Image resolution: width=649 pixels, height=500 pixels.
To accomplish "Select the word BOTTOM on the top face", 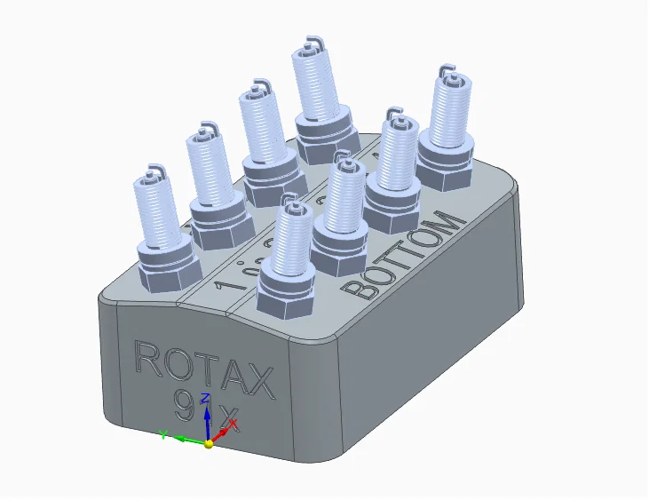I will tap(405, 257).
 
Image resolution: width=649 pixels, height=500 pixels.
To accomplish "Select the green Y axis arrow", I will tap(183, 438).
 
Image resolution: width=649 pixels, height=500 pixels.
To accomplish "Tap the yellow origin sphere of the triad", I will tap(209, 443).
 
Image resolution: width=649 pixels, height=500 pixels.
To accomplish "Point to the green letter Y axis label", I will tap(163, 433).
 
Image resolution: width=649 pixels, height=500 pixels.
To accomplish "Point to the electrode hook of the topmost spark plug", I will tap(312, 43).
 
